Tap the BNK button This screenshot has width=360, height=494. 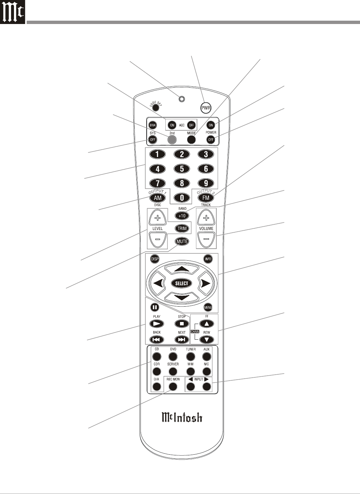152,125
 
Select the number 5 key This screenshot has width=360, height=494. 182,169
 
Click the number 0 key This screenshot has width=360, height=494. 182,198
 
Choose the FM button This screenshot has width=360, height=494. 206,198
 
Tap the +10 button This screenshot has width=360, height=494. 182,216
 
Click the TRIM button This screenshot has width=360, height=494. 182,228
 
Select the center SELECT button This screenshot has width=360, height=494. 182,283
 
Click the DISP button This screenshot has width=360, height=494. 155,259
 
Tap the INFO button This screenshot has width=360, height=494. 208,259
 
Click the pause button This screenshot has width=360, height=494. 154,307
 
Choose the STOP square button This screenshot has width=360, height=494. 182,323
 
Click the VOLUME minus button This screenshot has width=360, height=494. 206,239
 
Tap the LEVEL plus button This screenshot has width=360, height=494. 157,218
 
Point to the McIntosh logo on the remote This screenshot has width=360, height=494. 182,417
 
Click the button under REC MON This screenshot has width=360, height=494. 173,386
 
